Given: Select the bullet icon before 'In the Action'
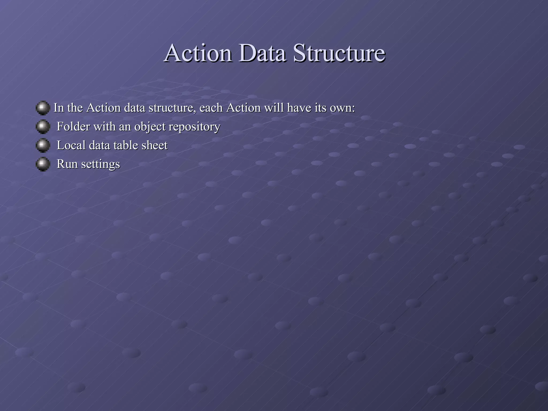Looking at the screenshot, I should click(x=43, y=108).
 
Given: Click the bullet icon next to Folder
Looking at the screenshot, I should click(x=43, y=127).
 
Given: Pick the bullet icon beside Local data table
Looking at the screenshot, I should click(x=43, y=145).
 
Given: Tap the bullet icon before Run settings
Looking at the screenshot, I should click(x=43, y=164).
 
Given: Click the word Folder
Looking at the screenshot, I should click(x=73, y=127).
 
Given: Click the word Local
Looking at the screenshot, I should click(x=71, y=145).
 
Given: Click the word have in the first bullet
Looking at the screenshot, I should click(x=299, y=108).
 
